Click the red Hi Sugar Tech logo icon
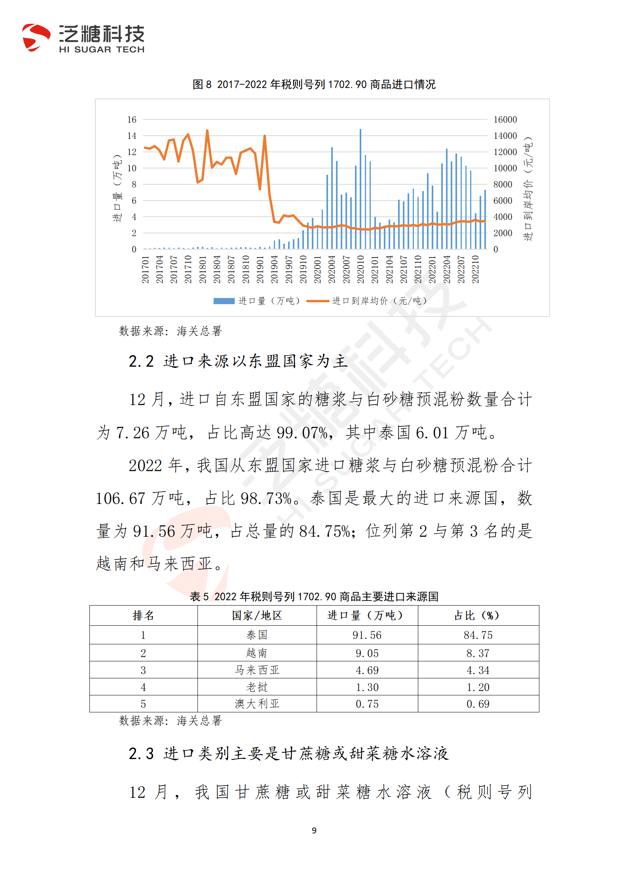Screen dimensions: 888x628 [36, 38]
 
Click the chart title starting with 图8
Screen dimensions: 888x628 [314, 84]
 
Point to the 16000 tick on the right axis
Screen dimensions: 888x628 [505, 119]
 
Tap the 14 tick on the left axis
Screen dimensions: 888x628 [131, 136]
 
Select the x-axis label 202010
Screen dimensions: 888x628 [360, 269]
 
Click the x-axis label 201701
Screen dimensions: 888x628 [145, 269]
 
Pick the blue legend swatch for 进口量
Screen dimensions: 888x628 [224, 301]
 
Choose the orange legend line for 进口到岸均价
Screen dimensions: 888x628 [318, 301]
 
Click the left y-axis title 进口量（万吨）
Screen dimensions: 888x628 [117, 188]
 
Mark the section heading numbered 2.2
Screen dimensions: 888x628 [238, 361]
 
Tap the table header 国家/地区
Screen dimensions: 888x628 [257, 615]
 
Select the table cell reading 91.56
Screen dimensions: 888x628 [367, 635]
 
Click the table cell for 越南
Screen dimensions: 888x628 [257, 653]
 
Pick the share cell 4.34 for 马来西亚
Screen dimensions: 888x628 [478, 670]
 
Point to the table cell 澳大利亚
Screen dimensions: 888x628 [257, 704]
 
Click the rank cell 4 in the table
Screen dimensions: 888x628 [143, 687]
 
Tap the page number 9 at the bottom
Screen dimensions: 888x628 [314, 830]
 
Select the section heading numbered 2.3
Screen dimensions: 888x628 [288, 754]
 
